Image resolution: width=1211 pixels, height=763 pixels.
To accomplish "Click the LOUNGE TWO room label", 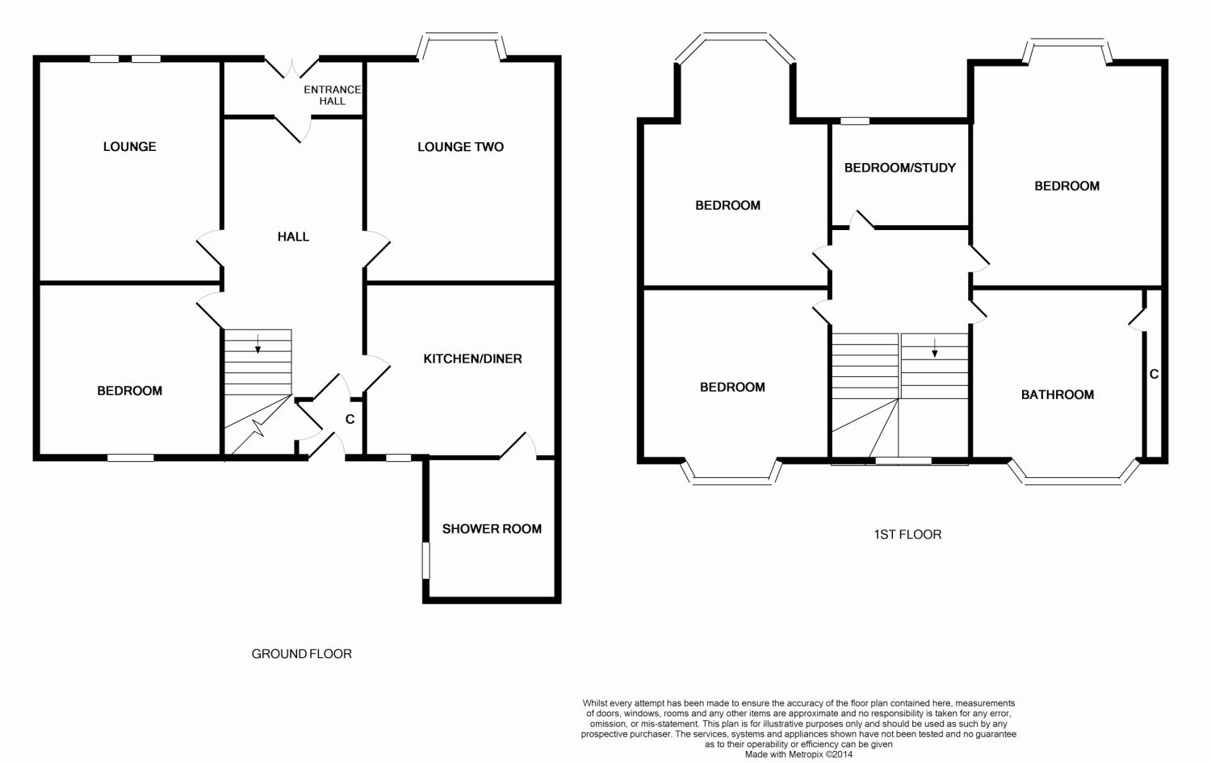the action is point(460,146).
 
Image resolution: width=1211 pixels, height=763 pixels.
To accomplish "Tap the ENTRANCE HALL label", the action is point(332,95).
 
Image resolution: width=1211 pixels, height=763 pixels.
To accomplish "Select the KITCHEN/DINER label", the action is point(472,358).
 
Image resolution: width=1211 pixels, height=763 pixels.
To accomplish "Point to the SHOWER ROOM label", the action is point(492,529).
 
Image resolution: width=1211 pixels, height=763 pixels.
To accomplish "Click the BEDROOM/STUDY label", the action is point(900,168).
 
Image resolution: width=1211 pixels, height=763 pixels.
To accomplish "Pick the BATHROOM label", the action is point(1058,395).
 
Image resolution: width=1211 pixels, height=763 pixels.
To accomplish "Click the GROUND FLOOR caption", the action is point(302,654).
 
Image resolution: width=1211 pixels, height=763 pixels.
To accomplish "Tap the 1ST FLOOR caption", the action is point(907,535).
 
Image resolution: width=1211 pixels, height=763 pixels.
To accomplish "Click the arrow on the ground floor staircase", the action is point(258,344).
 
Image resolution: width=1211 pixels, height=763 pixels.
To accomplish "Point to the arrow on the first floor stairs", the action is point(934,348).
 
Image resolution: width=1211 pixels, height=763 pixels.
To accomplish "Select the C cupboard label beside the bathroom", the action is point(1154,374).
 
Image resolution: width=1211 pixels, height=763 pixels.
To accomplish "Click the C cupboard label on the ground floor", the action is point(350,419).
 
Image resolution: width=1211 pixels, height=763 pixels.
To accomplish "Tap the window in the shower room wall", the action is point(426,560).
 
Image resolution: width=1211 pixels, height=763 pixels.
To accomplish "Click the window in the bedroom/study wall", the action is point(855,121).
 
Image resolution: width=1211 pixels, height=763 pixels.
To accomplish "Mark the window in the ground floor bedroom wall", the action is point(130,458).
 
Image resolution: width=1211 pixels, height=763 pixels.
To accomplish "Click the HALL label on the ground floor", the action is point(294,237).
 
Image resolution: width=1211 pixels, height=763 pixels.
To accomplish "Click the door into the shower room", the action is point(518,446).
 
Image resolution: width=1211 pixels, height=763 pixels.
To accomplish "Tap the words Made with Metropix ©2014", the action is point(798,754).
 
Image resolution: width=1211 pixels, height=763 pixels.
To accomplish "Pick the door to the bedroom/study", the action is point(861,220).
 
